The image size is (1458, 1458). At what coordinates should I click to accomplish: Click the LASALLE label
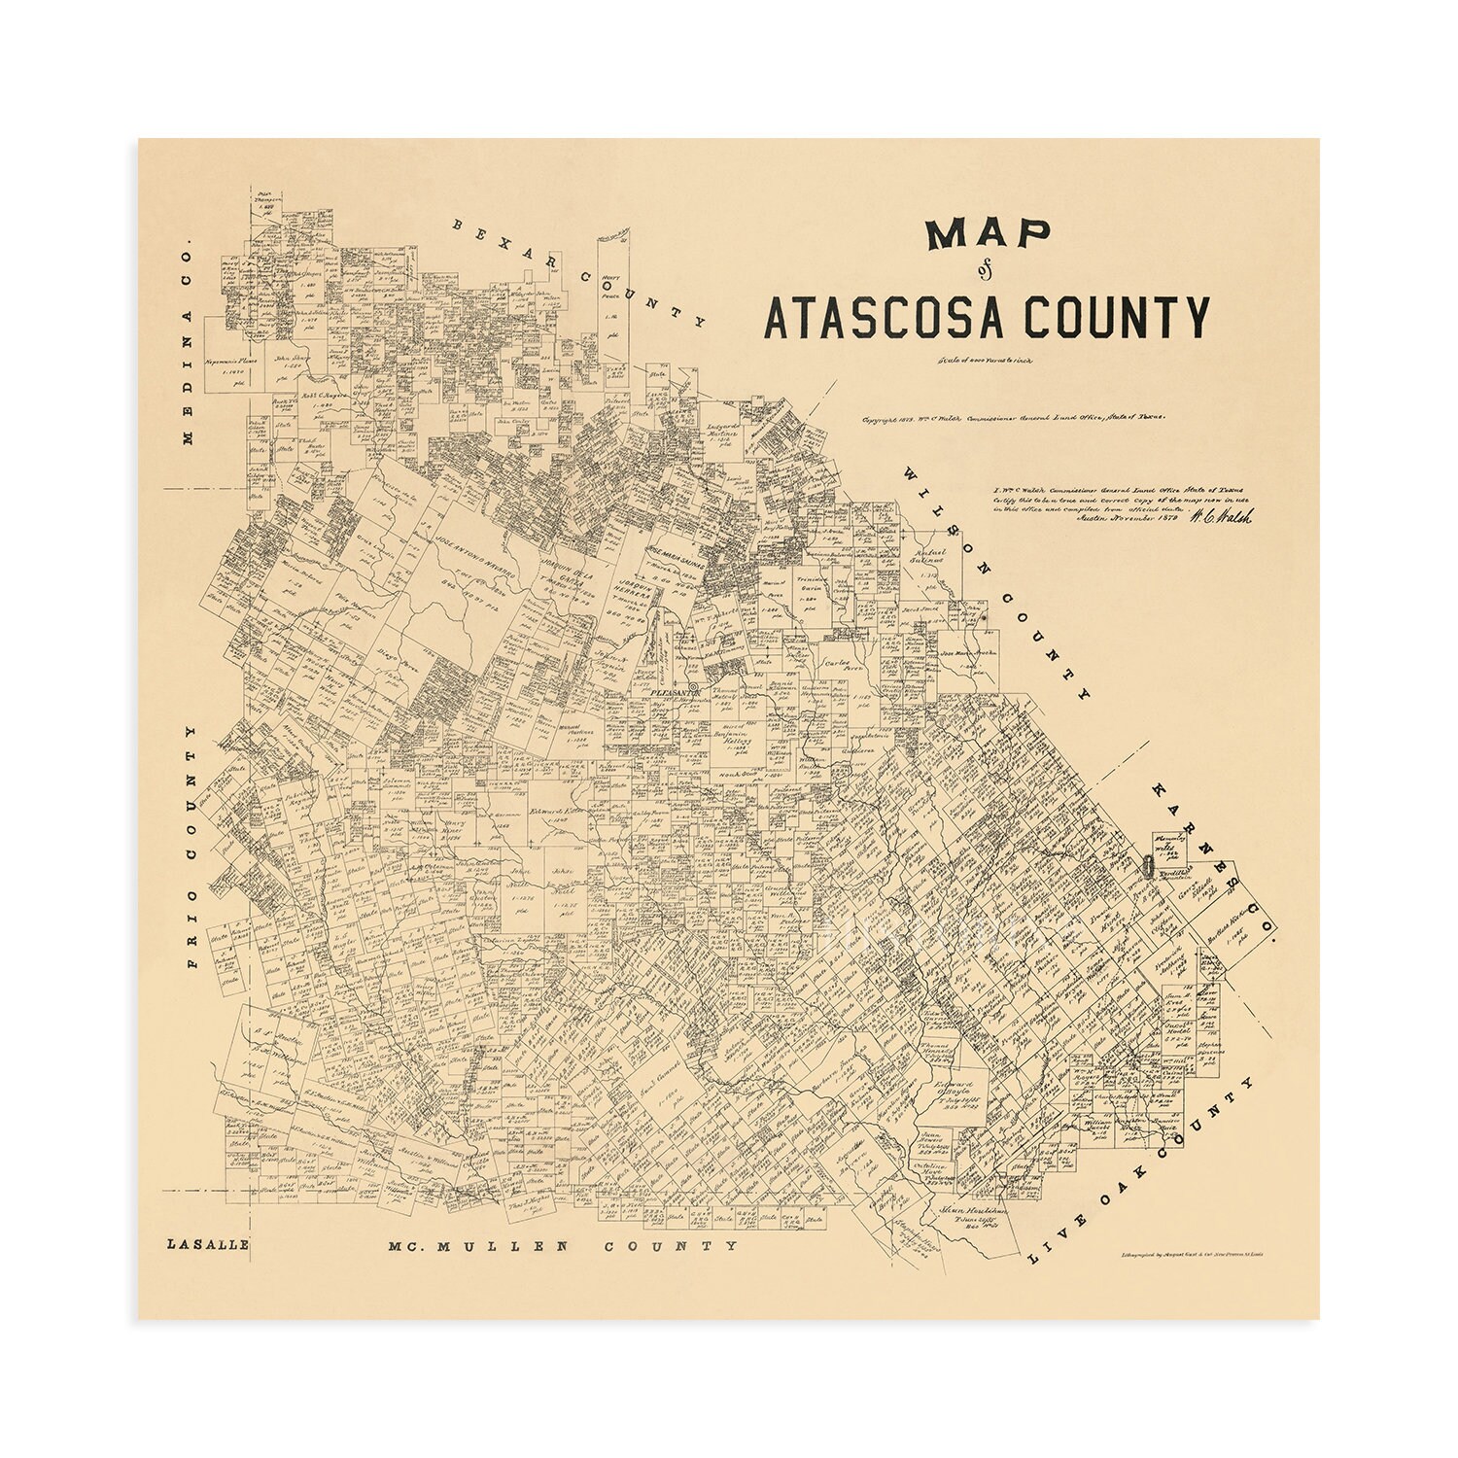coord(207,1244)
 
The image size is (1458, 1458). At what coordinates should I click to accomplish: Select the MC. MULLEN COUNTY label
coord(562,1245)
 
